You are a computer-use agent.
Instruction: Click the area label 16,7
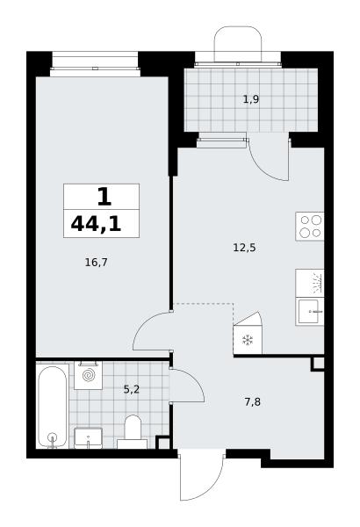tap(96, 262)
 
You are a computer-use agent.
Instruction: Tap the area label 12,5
tap(244, 248)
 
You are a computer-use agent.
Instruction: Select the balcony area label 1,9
tap(251, 99)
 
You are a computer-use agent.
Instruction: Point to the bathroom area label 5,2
tap(132, 389)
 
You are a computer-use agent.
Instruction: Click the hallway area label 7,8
tap(252, 402)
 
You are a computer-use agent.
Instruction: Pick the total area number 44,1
tap(96, 224)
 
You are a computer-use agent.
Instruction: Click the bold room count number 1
tap(104, 197)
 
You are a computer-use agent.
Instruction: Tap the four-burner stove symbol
tap(310, 227)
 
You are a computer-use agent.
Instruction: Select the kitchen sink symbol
tap(310, 312)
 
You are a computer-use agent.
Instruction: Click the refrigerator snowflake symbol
tap(248, 340)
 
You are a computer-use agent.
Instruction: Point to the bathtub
tap(52, 407)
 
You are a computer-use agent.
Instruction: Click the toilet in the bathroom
tap(132, 431)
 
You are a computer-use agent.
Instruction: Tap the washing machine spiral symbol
tap(89, 375)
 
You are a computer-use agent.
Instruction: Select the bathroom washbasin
tap(88, 438)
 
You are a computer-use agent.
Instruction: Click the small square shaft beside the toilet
tap(163, 443)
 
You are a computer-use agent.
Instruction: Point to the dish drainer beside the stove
tap(310, 283)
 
